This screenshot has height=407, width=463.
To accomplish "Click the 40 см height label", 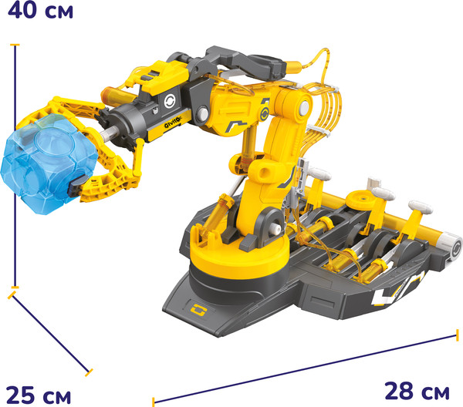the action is [40, 10].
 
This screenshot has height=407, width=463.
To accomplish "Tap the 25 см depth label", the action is [39, 395].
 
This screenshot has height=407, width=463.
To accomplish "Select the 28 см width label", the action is [417, 391].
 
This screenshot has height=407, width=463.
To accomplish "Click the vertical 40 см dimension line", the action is [15, 166].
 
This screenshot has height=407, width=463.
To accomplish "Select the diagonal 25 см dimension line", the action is [50, 334].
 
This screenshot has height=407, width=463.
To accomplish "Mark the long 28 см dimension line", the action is [305, 368].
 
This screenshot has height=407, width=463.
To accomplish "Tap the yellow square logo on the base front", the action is [198, 310].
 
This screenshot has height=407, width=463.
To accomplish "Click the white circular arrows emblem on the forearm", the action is [170, 101].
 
